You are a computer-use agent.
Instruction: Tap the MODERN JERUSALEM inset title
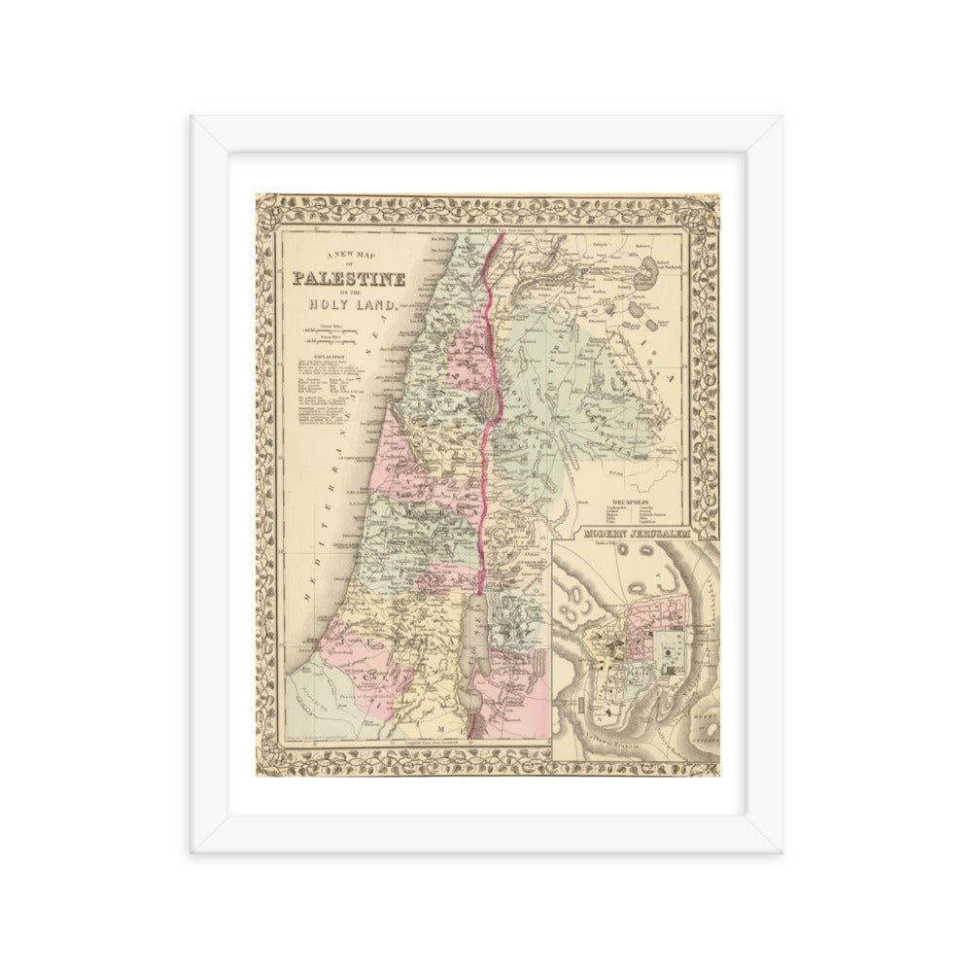(639, 535)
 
